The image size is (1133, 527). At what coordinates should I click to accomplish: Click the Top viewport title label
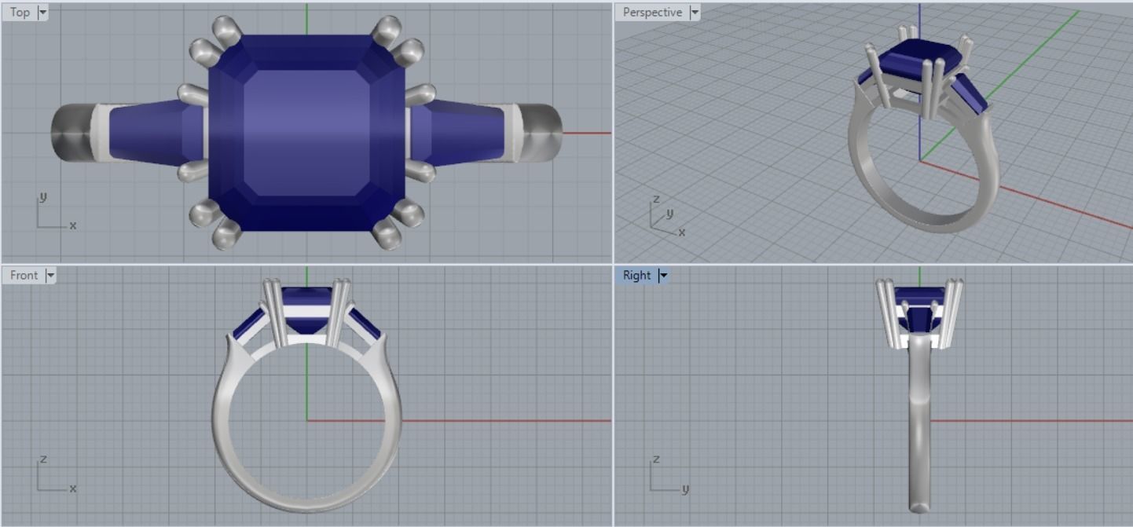click(20, 12)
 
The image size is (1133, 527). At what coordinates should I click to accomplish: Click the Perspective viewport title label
click(651, 12)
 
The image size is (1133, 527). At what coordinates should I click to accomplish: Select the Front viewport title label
click(24, 275)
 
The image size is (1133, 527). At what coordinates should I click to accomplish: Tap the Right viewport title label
click(636, 275)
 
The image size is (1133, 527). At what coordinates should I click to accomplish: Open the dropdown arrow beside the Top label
click(42, 13)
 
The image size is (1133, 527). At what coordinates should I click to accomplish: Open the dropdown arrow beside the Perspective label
click(694, 13)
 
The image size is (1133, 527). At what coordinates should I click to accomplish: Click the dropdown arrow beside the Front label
click(50, 276)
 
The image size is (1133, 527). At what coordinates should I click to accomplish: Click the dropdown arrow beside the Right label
click(662, 276)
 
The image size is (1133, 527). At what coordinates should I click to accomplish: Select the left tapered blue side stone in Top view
click(149, 132)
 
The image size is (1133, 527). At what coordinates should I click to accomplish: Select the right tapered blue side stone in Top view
click(460, 132)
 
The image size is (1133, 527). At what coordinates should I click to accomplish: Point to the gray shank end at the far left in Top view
click(71, 132)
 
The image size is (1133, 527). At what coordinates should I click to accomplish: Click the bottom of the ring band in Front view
click(306, 503)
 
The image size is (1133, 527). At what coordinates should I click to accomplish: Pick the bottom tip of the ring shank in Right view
click(919, 507)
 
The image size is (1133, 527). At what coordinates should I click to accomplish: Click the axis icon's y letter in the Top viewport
click(44, 196)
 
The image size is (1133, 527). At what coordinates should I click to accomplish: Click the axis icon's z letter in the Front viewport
click(44, 459)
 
